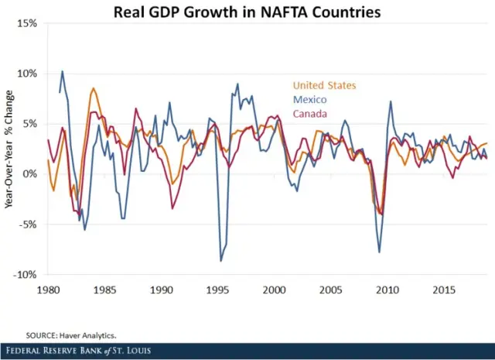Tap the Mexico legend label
pos(309,100)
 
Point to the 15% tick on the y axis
pos(28,23)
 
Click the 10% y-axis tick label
pos(28,74)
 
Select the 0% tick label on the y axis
pos(31,174)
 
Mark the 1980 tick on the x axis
pos(48,289)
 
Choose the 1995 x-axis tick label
pos(217,289)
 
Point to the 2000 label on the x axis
pos(274,289)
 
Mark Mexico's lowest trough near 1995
pos(220,261)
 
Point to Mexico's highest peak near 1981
pos(63,71)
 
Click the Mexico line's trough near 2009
pos(379,252)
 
